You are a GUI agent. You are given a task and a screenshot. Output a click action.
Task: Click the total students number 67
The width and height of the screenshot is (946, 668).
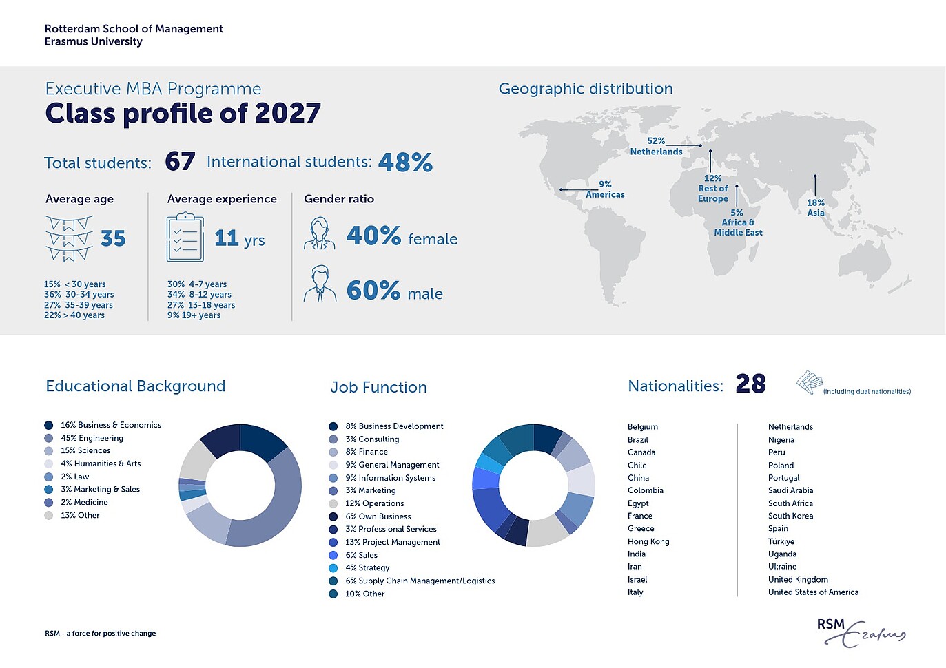[x=180, y=162]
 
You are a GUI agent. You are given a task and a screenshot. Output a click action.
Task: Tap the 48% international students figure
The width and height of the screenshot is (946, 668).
[x=405, y=163]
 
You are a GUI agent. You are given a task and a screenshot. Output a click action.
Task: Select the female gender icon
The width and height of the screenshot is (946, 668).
[x=319, y=234]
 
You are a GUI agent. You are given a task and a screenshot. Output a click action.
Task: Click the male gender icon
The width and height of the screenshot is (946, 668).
[x=319, y=284]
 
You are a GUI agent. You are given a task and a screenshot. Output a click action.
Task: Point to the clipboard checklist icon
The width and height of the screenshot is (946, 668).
[x=185, y=238]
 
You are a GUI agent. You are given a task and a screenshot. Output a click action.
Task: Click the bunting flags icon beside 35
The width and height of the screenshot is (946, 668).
[x=69, y=238]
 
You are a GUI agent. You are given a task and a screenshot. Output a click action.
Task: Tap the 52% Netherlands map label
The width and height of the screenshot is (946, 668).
[x=656, y=146]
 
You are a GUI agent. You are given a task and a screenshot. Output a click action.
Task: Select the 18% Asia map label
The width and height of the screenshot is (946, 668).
[x=816, y=207]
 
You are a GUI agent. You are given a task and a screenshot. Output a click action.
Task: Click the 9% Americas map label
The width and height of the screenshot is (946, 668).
[x=605, y=189]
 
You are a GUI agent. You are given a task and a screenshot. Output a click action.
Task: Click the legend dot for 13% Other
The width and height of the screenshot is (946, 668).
[x=48, y=515]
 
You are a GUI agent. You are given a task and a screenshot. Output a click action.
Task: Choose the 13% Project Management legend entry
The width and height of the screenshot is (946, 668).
[x=392, y=542]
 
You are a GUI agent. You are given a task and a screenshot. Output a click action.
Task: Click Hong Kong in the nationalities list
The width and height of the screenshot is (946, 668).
[x=648, y=541]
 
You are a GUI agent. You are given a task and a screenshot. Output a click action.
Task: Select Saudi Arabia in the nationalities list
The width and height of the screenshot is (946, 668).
[x=790, y=490]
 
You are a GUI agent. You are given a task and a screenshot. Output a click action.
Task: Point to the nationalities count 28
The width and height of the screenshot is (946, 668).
[x=750, y=384]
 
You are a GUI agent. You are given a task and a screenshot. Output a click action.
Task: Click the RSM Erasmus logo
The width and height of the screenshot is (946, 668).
[x=861, y=632]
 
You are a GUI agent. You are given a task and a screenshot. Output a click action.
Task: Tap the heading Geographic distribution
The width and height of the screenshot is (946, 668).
[x=586, y=89]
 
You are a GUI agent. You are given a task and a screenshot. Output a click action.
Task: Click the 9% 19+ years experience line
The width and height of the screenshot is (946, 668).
[x=194, y=315]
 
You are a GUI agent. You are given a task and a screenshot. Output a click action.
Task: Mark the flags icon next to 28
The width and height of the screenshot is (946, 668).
[x=810, y=382]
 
